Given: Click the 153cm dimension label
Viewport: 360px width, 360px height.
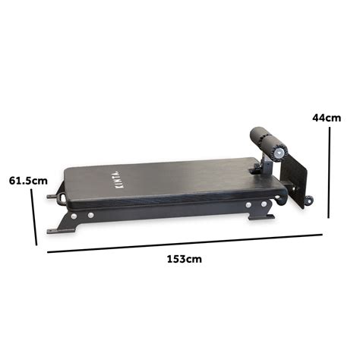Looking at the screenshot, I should coord(185,259).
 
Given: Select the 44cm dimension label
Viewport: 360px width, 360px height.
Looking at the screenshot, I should coord(327,118).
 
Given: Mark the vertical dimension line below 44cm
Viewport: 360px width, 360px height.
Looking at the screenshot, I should coord(330,172).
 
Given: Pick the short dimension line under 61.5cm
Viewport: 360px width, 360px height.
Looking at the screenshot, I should coord(33,216).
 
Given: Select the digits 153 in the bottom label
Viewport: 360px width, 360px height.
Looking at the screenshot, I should coord(178,259).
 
